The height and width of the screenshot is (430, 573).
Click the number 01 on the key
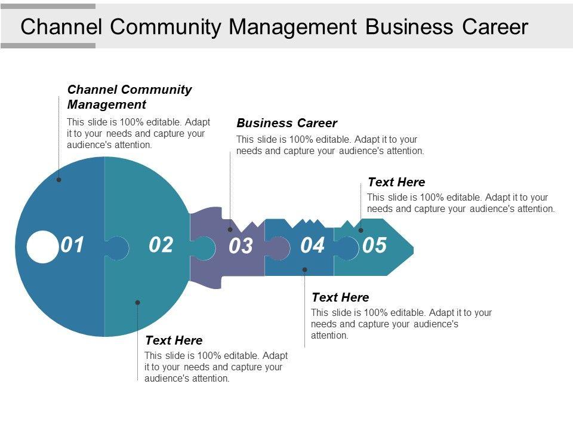(72, 245)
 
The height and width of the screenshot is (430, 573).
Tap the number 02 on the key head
(161, 245)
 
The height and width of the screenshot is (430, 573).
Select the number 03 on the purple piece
(241, 245)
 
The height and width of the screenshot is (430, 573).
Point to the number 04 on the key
(312, 245)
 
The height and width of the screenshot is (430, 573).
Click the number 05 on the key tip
(375, 245)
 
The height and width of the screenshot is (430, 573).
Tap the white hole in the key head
(43, 247)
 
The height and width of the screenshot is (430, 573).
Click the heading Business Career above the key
(287, 123)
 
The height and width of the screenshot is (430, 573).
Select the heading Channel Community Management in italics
(130, 97)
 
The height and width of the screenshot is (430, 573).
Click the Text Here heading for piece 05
(396, 182)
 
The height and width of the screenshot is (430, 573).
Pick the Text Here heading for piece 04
(341, 297)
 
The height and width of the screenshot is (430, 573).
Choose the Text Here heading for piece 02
(174, 340)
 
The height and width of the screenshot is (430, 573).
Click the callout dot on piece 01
(59, 180)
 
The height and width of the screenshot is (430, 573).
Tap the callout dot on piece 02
(137, 302)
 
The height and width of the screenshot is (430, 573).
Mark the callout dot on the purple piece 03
(230, 229)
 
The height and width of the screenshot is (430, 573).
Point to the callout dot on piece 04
(305, 269)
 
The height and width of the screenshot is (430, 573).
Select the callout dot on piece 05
(361, 231)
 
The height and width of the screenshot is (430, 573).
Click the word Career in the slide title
(495, 27)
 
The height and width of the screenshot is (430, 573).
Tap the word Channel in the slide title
(61, 27)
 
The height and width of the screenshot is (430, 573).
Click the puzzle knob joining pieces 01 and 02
(117, 248)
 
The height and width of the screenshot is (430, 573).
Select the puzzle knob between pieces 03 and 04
(278, 248)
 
